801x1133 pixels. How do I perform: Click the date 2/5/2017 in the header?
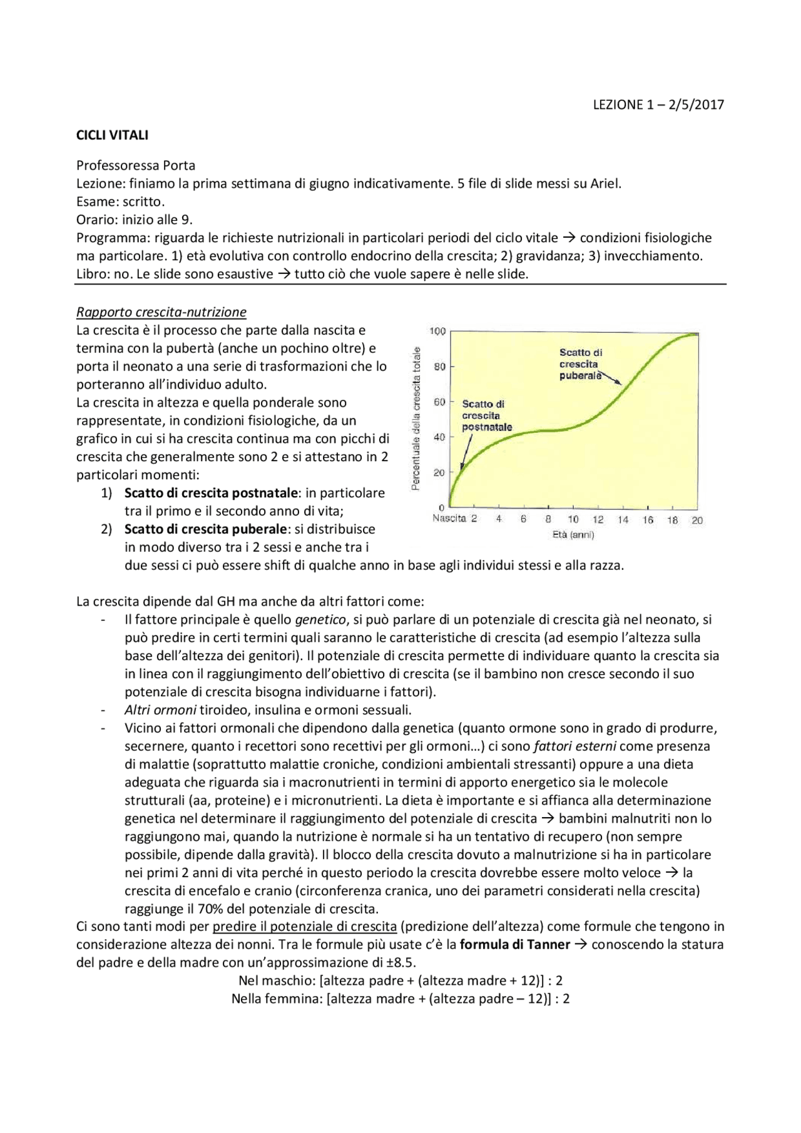pyautogui.click(x=696, y=104)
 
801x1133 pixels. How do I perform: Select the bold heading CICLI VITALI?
pyautogui.click(x=112, y=135)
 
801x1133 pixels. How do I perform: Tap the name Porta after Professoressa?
pyautogui.click(x=179, y=165)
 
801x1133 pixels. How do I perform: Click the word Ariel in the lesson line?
pyautogui.click(x=605, y=183)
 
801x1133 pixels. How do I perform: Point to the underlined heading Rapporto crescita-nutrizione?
pyautogui.click(x=161, y=312)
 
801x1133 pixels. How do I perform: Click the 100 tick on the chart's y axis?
pyautogui.click(x=437, y=331)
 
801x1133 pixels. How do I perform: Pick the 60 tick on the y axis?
pyautogui.click(x=439, y=402)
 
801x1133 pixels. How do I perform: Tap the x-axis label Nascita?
pyautogui.click(x=449, y=519)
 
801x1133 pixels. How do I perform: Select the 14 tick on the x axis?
pyautogui.click(x=623, y=519)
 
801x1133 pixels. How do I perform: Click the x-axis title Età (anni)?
pyautogui.click(x=573, y=534)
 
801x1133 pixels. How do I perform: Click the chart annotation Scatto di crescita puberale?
pyautogui.click(x=580, y=364)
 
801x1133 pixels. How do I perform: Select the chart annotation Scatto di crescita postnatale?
pyautogui.click(x=486, y=415)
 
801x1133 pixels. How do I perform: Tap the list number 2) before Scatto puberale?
pyautogui.click(x=106, y=529)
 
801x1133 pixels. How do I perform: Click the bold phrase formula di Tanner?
pyautogui.click(x=514, y=944)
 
